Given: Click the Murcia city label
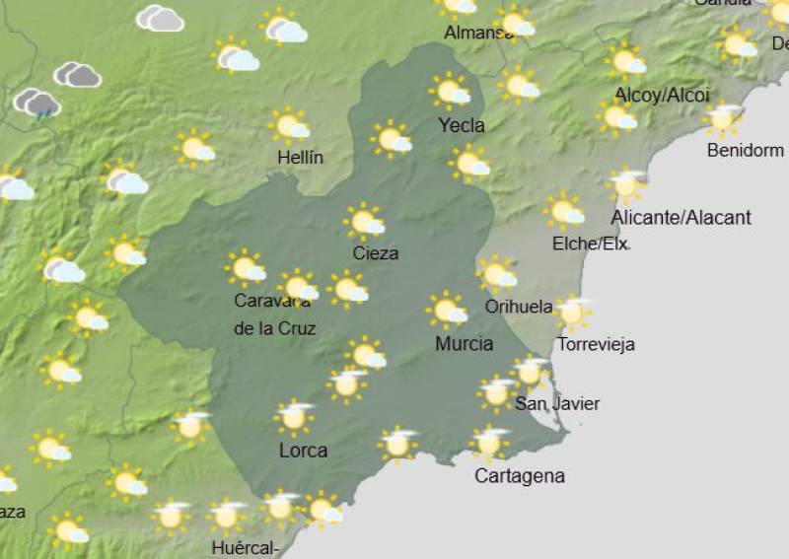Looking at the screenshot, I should click(464, 344).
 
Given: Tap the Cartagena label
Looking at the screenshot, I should click(520, 476).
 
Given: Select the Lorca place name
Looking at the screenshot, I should click(303, 451).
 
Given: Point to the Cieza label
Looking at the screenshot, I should click(376, 253).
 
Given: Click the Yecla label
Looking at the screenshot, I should click(462, 125).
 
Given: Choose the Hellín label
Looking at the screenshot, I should click(300, 157).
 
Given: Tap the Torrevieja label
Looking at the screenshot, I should click(596, 344).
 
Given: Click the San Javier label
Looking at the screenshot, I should click(557, 403).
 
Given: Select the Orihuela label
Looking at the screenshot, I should click(519, 307).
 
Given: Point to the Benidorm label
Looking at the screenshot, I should click(746, 151).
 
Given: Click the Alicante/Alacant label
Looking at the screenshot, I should click(681, 217).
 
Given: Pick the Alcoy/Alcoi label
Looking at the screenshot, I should click(662, 95).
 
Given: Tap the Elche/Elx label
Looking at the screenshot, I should click(590, 243).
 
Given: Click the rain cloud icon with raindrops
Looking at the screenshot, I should click(36, 104).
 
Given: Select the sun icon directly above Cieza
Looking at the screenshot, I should click(365, 222).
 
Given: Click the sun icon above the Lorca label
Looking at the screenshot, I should click(294, 416).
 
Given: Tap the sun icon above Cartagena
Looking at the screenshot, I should click(488, 443).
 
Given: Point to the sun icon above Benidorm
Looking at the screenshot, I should click(724, 119).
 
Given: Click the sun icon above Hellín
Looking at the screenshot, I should click(290, 125).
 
